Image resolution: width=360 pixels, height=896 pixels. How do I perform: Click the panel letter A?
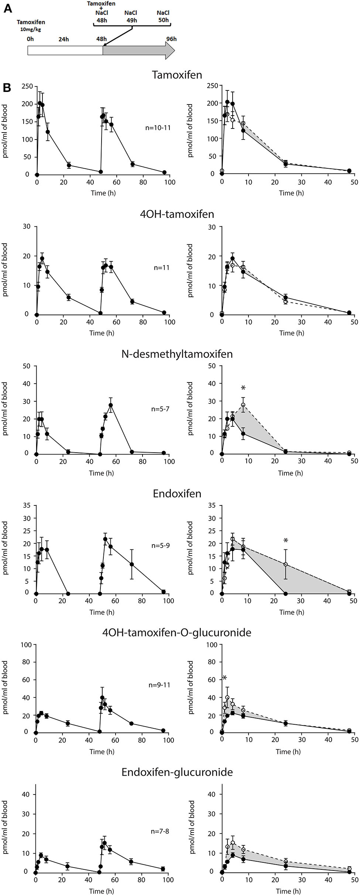click(x=7, y=8)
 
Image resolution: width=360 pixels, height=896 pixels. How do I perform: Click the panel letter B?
click(x=7, y=87)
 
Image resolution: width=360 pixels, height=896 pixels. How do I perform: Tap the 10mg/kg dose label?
click(x=30, y=30)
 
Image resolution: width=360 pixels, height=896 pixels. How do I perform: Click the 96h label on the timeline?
click(x=171, y=39)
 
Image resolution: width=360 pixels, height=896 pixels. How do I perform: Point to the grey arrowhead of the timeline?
click(x=170, y=50)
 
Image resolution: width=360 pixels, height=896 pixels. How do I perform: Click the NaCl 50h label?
click(x=163, y=16)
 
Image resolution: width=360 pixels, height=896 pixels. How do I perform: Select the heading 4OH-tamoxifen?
click(x=177, y=214)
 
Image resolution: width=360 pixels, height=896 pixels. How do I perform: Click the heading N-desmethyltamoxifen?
click(x=177, y=354)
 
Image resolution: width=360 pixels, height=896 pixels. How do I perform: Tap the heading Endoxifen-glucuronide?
click(x=177, y=772)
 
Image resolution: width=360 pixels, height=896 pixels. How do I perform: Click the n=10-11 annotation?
click(x=158, y=128)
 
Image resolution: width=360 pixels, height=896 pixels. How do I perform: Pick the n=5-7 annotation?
click(x=160, y=409)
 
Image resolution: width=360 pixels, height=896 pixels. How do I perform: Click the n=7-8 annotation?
click(x=160, y=831)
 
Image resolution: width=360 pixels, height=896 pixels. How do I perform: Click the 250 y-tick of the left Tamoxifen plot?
click(x=27, y=86)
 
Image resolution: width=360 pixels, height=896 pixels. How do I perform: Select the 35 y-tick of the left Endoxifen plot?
click(x=26, y=505)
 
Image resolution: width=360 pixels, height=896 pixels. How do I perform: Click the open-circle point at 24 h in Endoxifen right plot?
click(x=285, y=564)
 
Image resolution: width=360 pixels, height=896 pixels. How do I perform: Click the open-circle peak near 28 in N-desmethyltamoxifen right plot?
click(x=243, y=405)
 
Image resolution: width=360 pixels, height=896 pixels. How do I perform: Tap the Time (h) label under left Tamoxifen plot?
click(x=103, y=193)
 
